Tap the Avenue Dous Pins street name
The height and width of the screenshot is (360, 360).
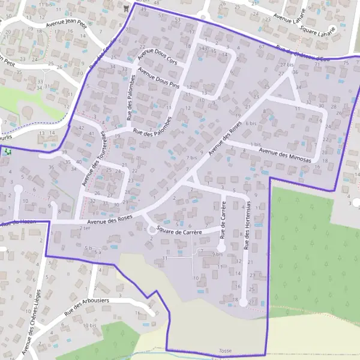(x=159, y=77)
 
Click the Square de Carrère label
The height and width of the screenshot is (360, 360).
(x=179, y=229)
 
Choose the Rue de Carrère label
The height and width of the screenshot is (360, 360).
(x=223, y=218)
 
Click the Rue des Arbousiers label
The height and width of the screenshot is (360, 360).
(x=87, y=305)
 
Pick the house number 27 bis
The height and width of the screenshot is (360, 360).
(x=287, y=64)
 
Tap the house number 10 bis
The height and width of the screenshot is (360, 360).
(x=90, y=326)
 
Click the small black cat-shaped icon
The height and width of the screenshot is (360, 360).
(x=125, y=8)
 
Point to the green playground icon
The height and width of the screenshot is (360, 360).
(x=7, y=152)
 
